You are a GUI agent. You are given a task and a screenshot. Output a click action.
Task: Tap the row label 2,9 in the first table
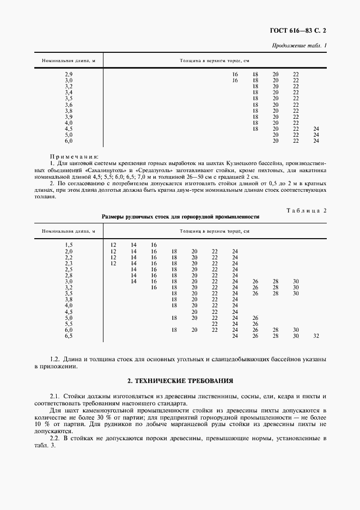coord(69,74)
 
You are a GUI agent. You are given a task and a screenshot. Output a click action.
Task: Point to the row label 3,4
coord(69,92)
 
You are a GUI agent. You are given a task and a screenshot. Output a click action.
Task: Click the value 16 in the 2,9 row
coord(235,74)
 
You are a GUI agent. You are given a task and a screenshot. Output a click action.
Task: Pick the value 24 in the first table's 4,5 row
coord(316,129)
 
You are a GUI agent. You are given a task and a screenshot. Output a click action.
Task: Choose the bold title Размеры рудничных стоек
coord(180,216)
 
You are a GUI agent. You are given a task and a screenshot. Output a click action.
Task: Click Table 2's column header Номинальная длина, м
coord(69,231)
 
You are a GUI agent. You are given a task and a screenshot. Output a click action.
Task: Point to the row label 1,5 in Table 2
coord(69,245)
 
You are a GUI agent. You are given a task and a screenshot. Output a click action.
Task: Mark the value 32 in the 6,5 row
coord(316,336)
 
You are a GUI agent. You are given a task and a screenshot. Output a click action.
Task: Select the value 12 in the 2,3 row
coord(113,263)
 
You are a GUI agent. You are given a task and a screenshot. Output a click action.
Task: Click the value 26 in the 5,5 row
coord(255,324)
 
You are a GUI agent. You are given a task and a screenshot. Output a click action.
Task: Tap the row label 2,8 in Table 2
coord(69,275)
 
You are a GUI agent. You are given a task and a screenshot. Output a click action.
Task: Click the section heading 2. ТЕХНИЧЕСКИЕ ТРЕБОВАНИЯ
coord(180,380)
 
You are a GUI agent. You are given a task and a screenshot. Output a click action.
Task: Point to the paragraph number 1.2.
coord(54,359)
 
